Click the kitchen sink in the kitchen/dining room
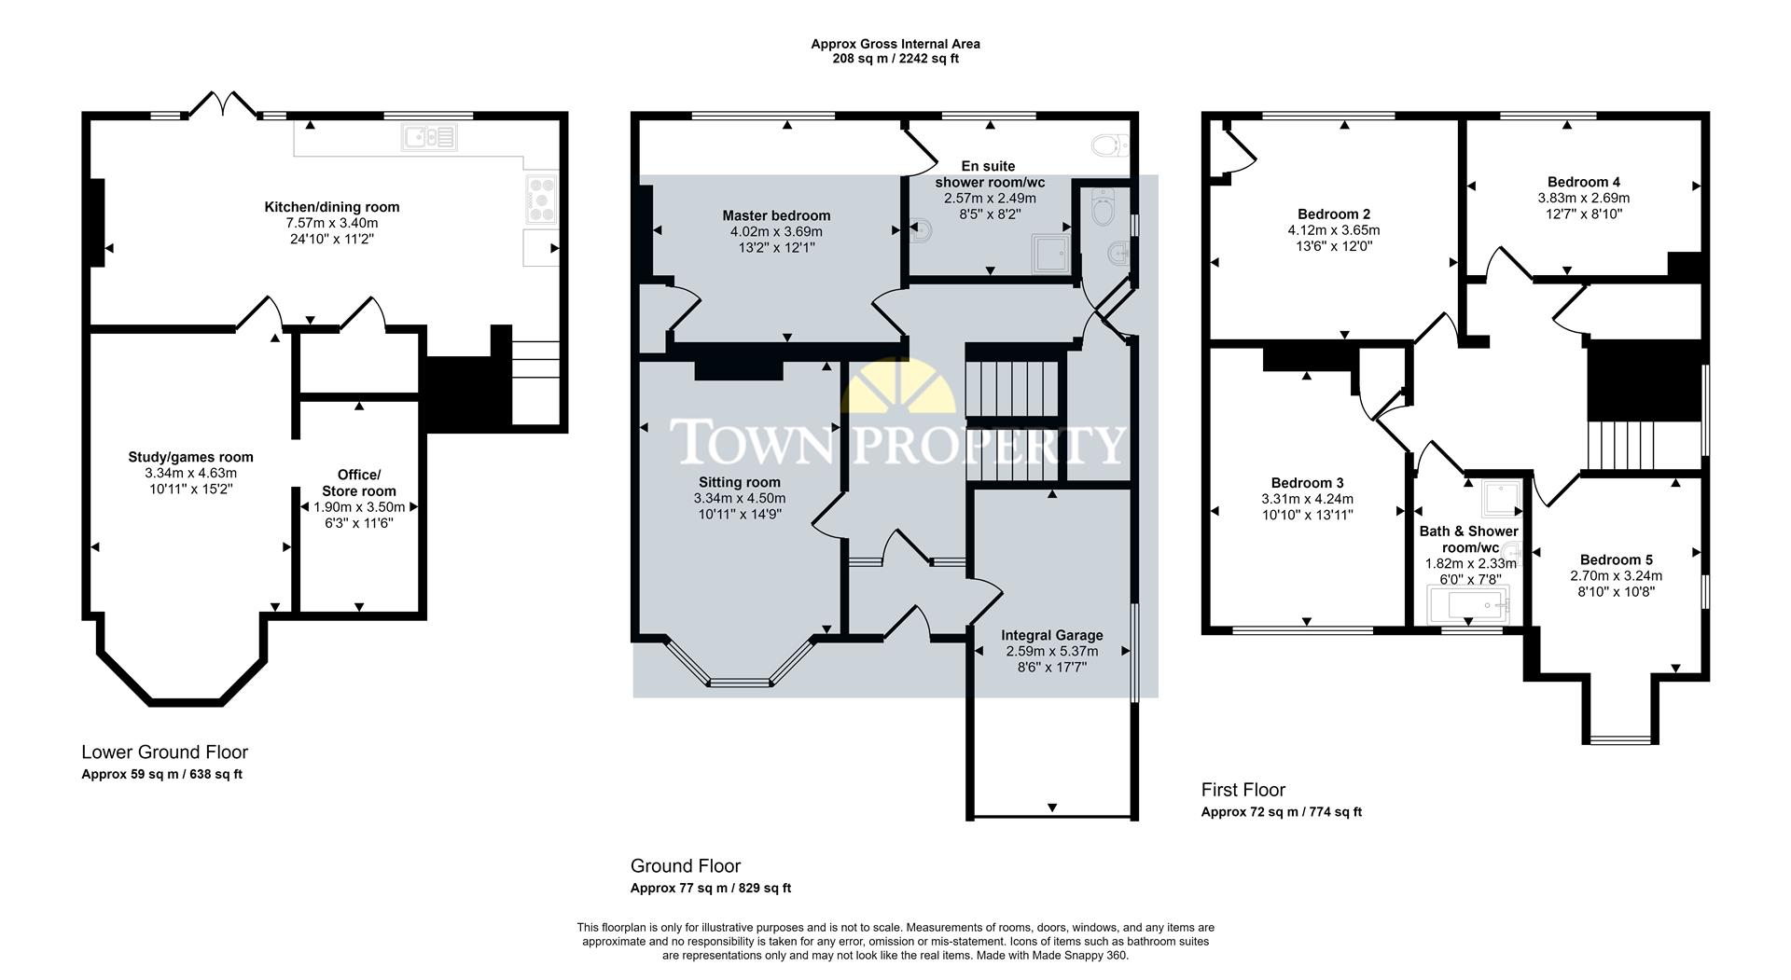[429, 138]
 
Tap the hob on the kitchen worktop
[541, 199]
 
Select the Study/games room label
[190, 457]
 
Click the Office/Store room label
[358, 483]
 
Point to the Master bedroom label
[776, 215]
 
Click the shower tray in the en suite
[1051, 254]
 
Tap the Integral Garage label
[1051, 635]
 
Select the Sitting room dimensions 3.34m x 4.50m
[739, 498]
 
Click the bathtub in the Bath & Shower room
[1468, 605]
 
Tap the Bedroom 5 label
[1616, 559]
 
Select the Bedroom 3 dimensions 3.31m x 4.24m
[1306, 499]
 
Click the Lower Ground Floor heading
[164, 752]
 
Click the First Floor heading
[1243, 790]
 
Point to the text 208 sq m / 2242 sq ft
[895, 59]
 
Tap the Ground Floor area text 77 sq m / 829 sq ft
[710, 888]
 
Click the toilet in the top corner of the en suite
[1107, 145]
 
